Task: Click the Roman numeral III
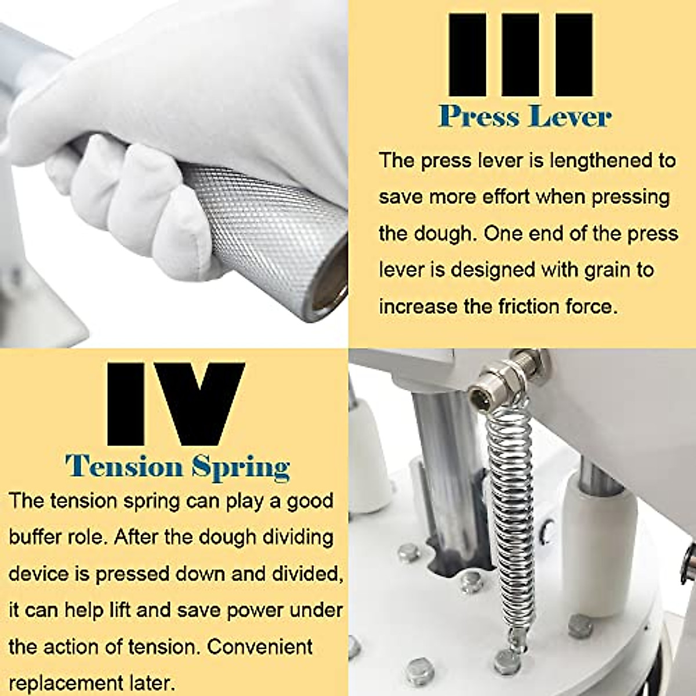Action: point(520,55)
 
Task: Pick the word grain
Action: point(608,270)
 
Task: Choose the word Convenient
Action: point(260,647)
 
